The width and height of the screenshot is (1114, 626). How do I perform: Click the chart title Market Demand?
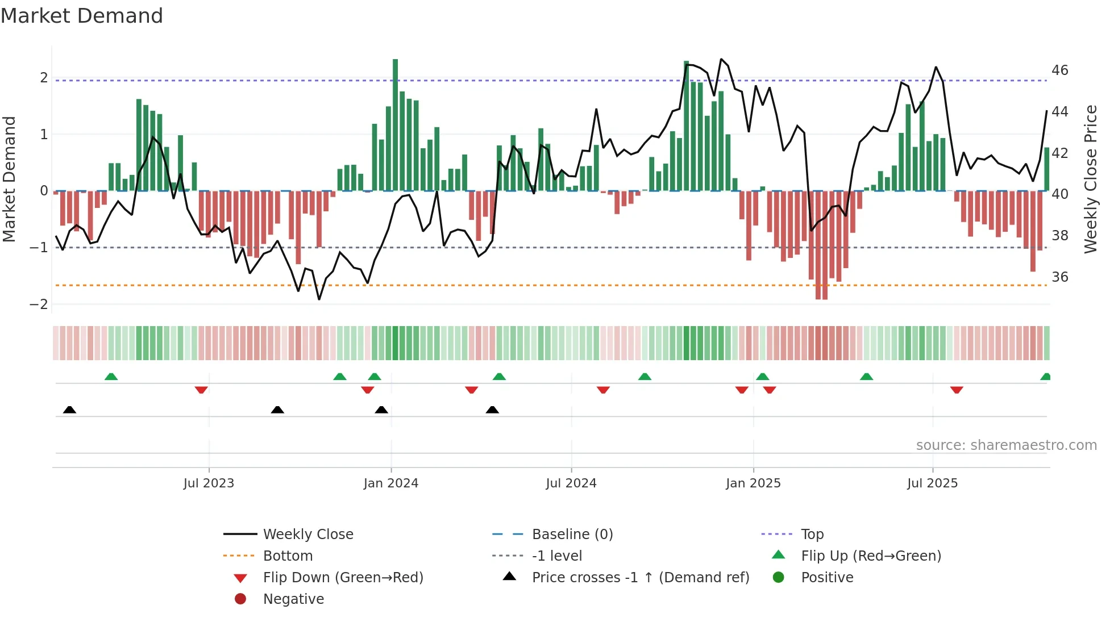point(82,15)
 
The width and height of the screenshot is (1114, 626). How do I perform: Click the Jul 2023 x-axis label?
point(209,483)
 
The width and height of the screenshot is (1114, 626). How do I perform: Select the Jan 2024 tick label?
point(391,483)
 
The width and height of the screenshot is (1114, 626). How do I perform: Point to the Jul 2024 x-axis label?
point(571,483)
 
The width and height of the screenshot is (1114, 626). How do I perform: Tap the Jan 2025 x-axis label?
point(753,483)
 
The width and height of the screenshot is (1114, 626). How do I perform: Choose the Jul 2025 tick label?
point(933,483)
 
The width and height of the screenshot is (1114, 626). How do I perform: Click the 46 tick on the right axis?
point(1060,70)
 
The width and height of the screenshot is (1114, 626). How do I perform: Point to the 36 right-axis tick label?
point(1060,277)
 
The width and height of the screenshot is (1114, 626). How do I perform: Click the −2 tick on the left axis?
point(39,304)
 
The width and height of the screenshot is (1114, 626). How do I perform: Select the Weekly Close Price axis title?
point(1090,179)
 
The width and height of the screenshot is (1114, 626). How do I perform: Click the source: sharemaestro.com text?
point(1006,445)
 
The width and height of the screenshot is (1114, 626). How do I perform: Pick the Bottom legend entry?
point(288,556)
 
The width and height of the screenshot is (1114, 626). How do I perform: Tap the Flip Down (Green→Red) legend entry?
point(343,578)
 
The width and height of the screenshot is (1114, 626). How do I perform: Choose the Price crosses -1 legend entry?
point(640,578)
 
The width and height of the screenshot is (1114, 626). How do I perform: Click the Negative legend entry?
point(293,599)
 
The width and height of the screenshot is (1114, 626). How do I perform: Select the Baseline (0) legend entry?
point(572,535)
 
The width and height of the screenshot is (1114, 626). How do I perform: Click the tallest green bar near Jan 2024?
point(395,125)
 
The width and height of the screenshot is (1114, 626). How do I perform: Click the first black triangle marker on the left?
point(69,410)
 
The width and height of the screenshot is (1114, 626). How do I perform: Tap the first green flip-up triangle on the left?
point(111,377)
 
